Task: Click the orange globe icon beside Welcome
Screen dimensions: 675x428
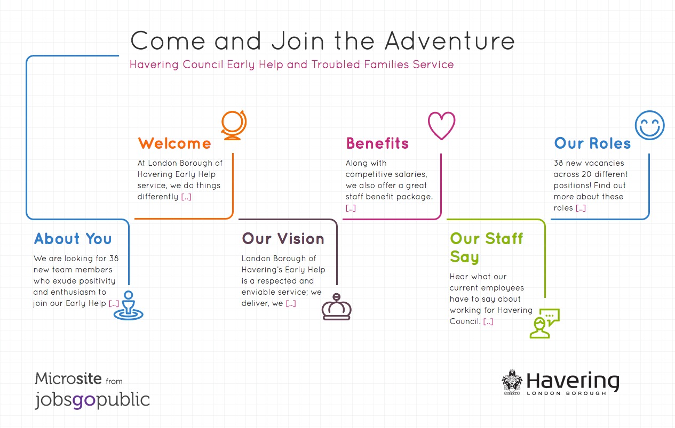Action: pyautogui.click(x=234, y=125)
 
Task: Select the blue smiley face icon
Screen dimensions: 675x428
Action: pyautogui.click(x=649, y=125)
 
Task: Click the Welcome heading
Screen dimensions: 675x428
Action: pyautogui.click(x=174, y=143)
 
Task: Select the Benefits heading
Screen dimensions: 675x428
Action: pyautogui.click(x=377, y=143)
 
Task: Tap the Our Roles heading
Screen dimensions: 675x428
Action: pyautogui.click(x=592, y=143)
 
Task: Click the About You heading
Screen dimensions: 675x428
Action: pyautogui.click(x=73, y=239)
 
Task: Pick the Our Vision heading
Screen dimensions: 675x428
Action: pyautogui.click(x=283, y=239)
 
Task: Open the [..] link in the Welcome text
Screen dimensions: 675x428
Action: pyautogui.click(x=186, y=197)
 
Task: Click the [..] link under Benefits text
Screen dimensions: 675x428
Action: pyautogui.click(x=351, y=208)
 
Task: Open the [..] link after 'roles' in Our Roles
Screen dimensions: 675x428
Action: pyautogui.click(x=581, y=208)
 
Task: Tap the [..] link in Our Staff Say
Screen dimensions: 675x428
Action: pyautogui.click(x=488, y=321)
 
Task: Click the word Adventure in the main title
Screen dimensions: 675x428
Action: pyautogui.click(x=450, y=41)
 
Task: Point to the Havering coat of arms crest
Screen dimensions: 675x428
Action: pyautogui.click(x=512, y=382)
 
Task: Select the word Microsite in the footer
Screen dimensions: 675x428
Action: pyautogui.click(x=68, y=378)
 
